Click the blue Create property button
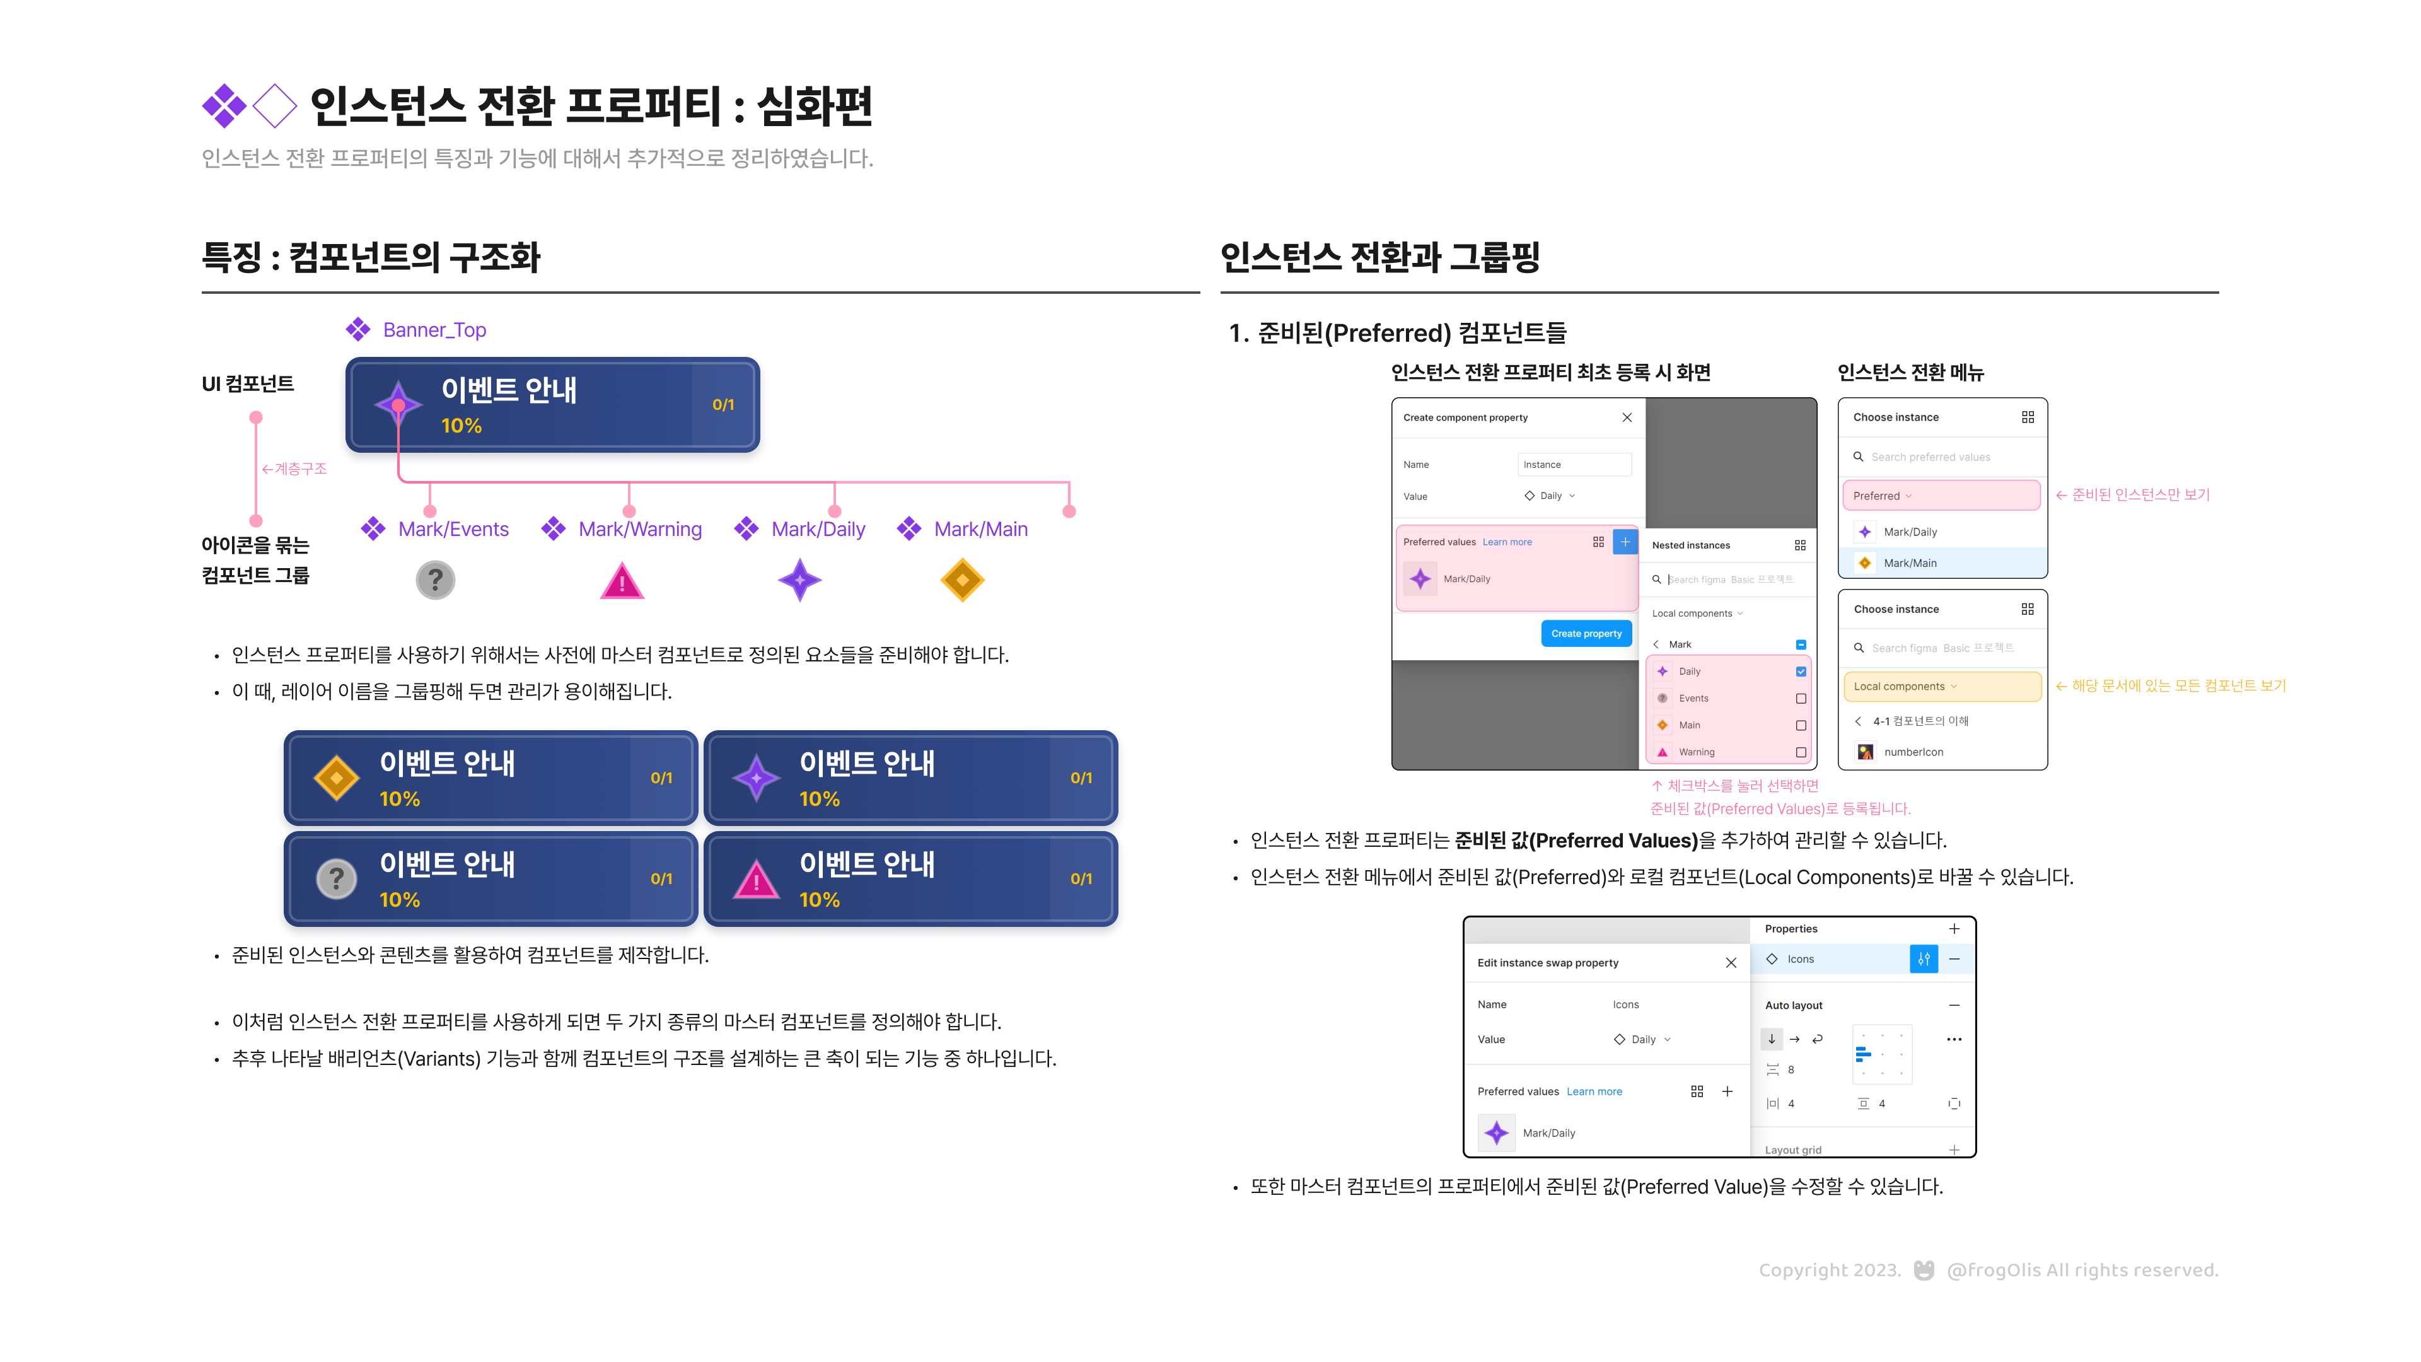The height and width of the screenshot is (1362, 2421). (1586, 634)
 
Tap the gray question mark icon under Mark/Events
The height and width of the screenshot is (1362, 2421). (435, 580)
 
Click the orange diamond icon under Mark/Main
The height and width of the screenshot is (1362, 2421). (961, 580)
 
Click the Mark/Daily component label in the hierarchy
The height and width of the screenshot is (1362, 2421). (818, 529)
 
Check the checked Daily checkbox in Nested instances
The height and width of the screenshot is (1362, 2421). (1801, 671)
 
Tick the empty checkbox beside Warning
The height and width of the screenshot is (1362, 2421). (1801, 752)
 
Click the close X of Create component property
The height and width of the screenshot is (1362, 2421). (1627, 417)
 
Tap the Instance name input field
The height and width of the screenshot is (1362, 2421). (1574, 464)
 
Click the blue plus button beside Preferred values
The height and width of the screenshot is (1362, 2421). (1625, 542)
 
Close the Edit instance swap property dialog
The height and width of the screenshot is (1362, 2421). (1731, 962)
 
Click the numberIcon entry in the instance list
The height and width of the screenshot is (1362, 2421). (1913, 752)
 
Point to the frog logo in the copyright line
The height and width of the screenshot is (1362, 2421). (1924, 1270)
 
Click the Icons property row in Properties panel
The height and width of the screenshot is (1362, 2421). (1833, 958)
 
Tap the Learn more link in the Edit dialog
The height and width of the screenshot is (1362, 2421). (1594, 1091)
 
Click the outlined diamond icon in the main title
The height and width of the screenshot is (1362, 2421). (274, 105)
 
